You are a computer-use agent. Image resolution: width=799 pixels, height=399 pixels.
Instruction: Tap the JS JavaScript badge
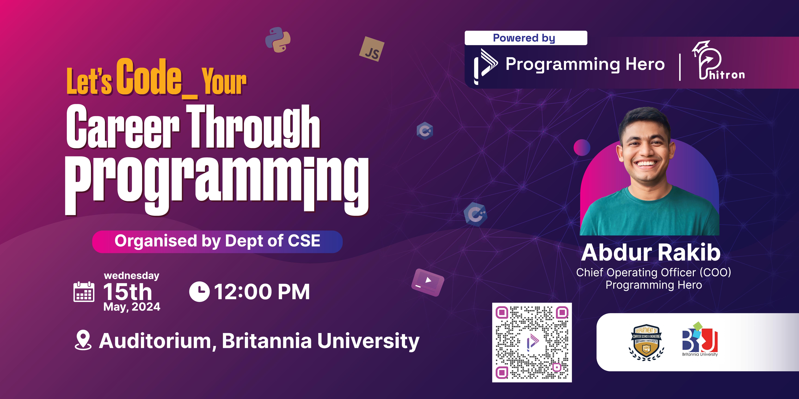point(372,49)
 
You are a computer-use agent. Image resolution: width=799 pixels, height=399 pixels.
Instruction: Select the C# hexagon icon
point(425,131)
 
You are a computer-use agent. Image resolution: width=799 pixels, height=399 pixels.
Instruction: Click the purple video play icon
point(428,282)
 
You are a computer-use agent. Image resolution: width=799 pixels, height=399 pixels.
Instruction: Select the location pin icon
point(83,340)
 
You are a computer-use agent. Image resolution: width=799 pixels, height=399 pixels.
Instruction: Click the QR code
point(532,342)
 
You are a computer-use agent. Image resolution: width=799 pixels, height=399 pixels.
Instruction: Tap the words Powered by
point(524,38)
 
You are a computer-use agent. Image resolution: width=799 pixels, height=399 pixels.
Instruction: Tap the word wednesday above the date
point(132,275)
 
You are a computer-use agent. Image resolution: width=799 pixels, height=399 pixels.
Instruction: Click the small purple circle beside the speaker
point(582,147)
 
